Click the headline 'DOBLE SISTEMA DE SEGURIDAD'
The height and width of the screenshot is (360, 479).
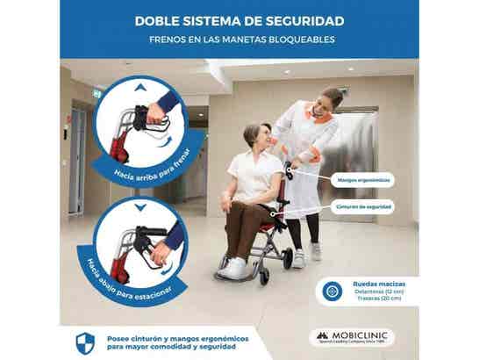pyautogui.click(x=239, y=20)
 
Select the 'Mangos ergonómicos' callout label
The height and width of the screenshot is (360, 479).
pyautogui.click(x=363, y=179)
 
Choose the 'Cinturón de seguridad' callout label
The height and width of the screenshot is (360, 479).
pyautogui.click(x=363, y=206)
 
